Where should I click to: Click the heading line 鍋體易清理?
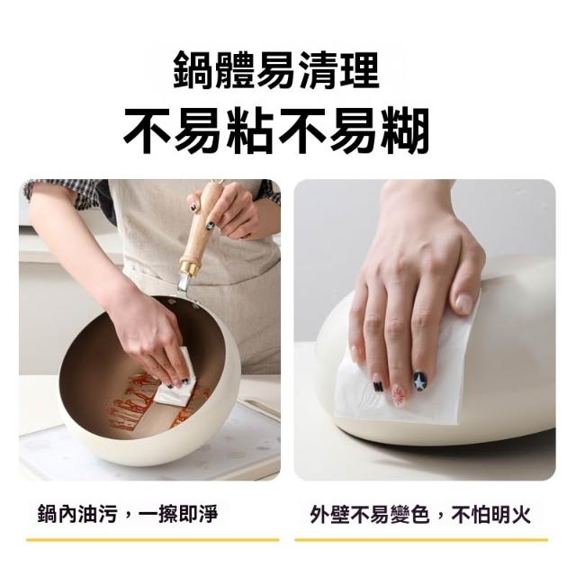tap(276, 70)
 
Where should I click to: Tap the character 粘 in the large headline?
tap(250, 130)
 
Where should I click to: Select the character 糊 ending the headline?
tap(406, 130)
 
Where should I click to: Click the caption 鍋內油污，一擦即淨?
tap(128, 514)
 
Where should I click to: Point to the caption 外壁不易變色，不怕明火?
tap(420, 514)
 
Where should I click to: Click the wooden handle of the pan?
tap(200, 225)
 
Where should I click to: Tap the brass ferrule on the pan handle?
tap(190, 268)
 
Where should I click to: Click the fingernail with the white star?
tap(418, 382)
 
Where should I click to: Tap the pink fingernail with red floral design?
tap(398, 396)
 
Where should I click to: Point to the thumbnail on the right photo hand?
tap(464, 303)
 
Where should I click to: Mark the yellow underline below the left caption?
tap(153, 540)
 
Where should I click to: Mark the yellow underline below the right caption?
tap(421, 540)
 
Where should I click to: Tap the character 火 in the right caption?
tap(521, 514)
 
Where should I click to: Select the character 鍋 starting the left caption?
tap(48, 514)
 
